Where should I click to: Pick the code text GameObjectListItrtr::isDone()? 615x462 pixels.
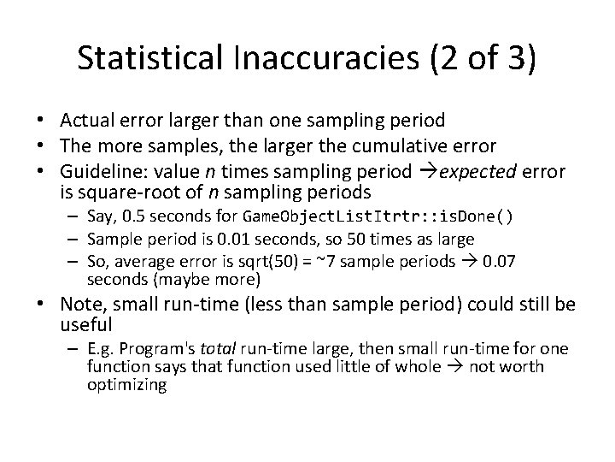[x=378, y=216]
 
